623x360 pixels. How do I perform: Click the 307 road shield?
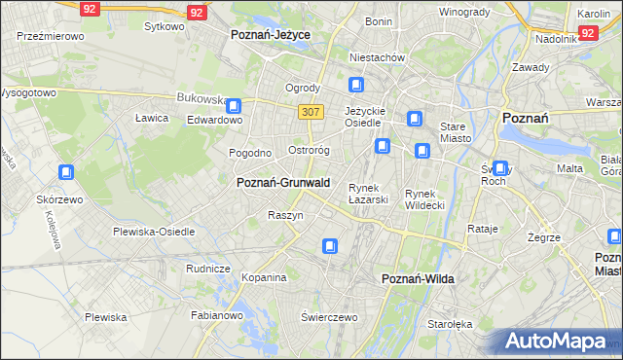(x=311, y=112)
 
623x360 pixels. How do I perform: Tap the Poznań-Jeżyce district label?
(x=270, y=34)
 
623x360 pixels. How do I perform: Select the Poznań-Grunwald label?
(x=283, y=182)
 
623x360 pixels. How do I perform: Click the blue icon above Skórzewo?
(x=66, y=173)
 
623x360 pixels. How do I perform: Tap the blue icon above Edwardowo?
(x=234, y=105)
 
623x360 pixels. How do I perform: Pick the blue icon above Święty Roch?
(x=500, y=167)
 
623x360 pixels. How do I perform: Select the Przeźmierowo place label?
(x=50, y=35)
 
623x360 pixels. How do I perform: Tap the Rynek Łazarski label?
(x=369, y=193)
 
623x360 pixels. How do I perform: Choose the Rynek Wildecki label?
(x=424, y=198)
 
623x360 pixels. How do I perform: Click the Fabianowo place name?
(x=216, y=314)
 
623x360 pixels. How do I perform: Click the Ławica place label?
(x=152, y=118)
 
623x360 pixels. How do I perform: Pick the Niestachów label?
(x=377, y=57)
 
